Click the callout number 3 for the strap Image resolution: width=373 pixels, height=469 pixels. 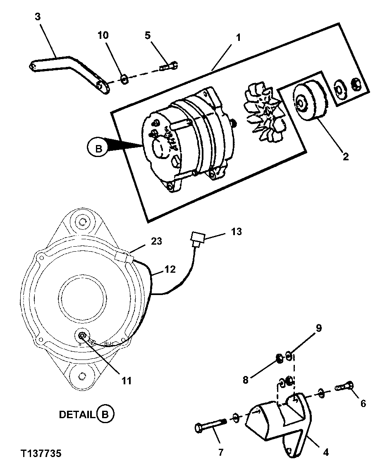38,18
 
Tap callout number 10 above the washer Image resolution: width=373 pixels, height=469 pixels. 103,35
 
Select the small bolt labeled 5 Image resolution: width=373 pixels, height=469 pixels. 168,66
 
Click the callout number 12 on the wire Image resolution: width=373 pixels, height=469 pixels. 170,270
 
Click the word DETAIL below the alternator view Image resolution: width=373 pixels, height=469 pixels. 77,414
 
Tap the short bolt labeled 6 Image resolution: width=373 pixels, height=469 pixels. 346,387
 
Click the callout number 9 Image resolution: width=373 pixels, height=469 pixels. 318,329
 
